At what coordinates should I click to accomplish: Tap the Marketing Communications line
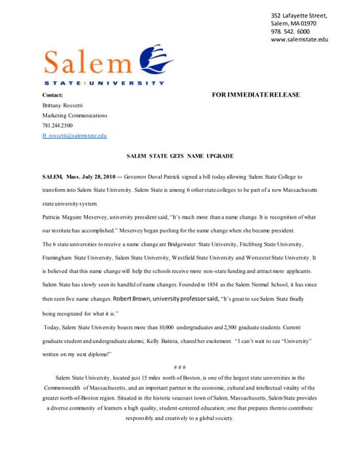(74, 116)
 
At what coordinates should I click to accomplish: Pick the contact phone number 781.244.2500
(58, 126)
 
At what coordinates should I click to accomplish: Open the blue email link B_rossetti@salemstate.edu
(74, 136)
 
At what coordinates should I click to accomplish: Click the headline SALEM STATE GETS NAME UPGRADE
(180, 156)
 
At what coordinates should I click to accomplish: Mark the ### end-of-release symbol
(180, 365)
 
